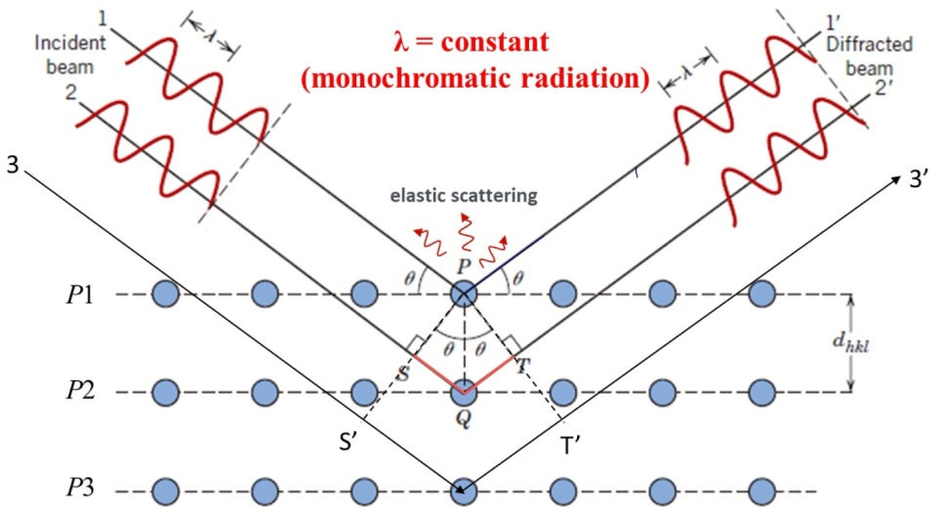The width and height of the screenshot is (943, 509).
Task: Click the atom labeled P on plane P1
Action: tap(464, 294)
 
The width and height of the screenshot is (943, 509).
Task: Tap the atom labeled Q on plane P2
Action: tap(464, 393)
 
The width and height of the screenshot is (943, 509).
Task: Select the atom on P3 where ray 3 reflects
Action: tap(464, 490)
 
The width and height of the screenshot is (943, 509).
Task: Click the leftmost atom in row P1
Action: tap(165, 294)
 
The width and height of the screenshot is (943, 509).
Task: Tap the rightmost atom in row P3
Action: tap(762, 490)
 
